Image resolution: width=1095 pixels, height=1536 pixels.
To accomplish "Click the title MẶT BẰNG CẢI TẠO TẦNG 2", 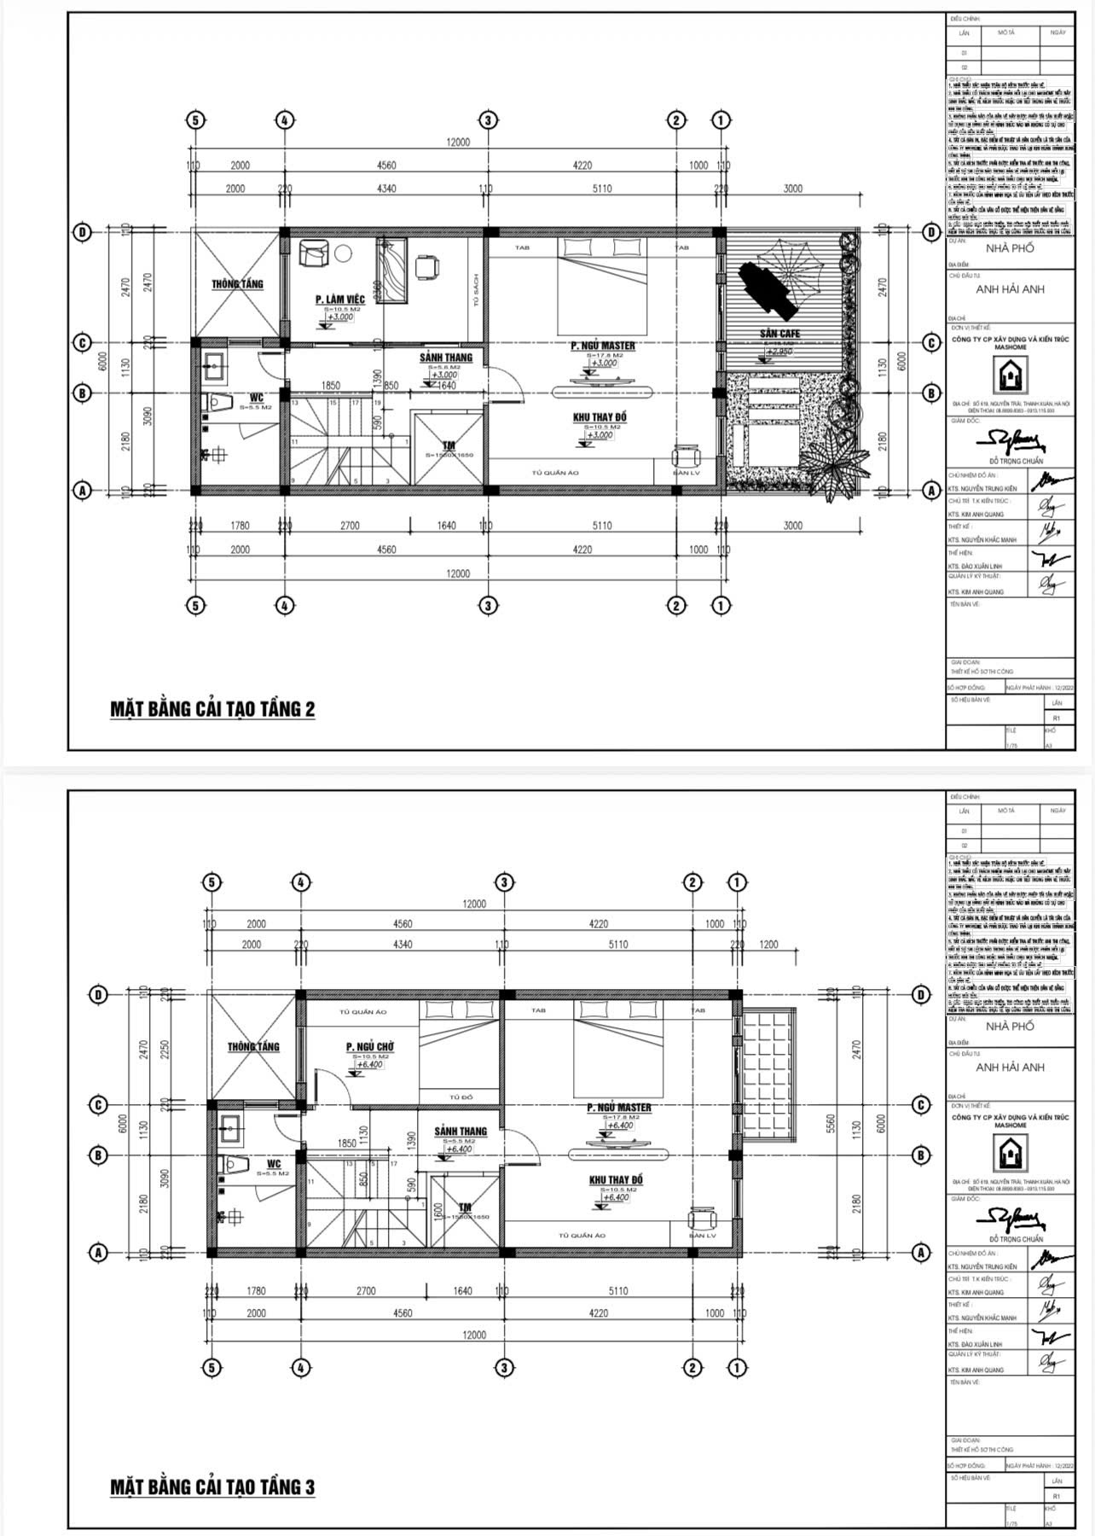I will pos(212,709).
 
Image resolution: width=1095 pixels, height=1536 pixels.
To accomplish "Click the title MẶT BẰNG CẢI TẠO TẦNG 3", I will pos(212,1487).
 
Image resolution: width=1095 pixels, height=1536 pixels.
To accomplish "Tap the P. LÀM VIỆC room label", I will pos(339,300).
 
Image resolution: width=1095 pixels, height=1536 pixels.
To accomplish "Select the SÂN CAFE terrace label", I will pos(779,333).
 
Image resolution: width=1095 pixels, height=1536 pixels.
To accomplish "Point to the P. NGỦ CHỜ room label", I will pos(369,1047).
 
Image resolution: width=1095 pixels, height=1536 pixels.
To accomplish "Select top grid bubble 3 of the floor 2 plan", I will pos(487,120).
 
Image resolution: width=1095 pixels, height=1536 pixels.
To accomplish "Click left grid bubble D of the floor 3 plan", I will pos(100,995).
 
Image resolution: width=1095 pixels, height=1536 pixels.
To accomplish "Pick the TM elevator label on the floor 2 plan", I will pos(449,445).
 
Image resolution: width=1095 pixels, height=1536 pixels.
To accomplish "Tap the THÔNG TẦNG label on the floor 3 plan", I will pos(253,1047).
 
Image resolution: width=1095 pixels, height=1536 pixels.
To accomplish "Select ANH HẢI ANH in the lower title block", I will pos(1010,1068).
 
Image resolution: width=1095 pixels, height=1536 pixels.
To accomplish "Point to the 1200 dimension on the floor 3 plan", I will pos(768,945).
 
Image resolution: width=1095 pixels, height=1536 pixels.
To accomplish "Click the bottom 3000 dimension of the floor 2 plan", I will pos(792,527).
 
